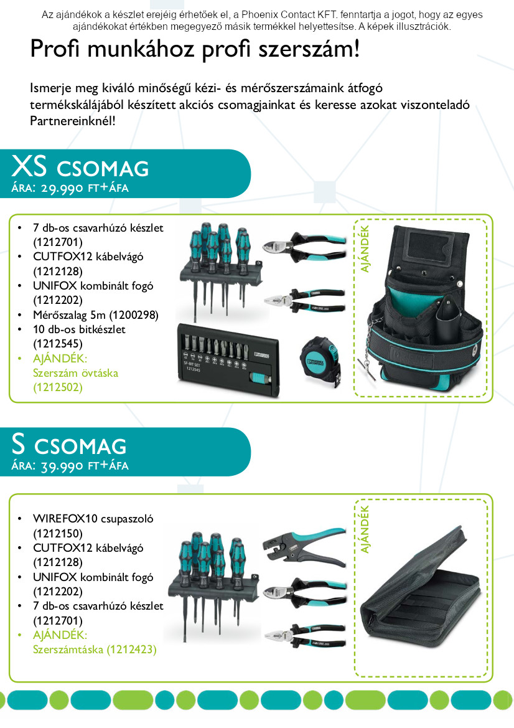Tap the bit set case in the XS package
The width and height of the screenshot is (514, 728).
[229, 361]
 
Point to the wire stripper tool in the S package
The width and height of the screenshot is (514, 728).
[304, 546]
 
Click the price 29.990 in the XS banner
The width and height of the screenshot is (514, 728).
[62, 188]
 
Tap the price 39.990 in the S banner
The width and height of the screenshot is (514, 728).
[62, 466]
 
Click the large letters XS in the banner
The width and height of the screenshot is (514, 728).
[29, 166]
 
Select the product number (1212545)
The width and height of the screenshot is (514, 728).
[57, 344]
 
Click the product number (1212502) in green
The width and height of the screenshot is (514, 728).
[57, 387]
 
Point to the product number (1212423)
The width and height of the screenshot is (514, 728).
[132, 649]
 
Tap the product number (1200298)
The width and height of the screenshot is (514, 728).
[134, 314]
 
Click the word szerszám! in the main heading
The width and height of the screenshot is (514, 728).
[309, 49]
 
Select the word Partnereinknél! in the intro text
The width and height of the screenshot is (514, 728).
[73, 121]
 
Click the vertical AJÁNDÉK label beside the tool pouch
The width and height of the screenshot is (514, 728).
[365, 249]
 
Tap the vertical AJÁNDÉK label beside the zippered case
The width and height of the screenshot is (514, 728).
[365, 529]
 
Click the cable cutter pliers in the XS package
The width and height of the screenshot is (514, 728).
[304, 246]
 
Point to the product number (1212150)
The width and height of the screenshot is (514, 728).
[57, 534]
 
